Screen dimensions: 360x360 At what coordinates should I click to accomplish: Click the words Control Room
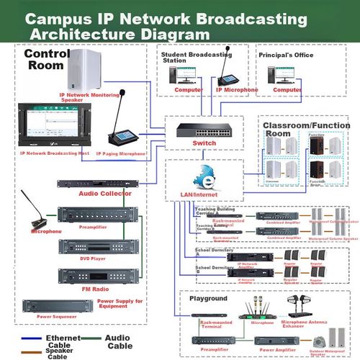(47, 59)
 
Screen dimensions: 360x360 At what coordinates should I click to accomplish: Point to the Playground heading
(208, 297)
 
